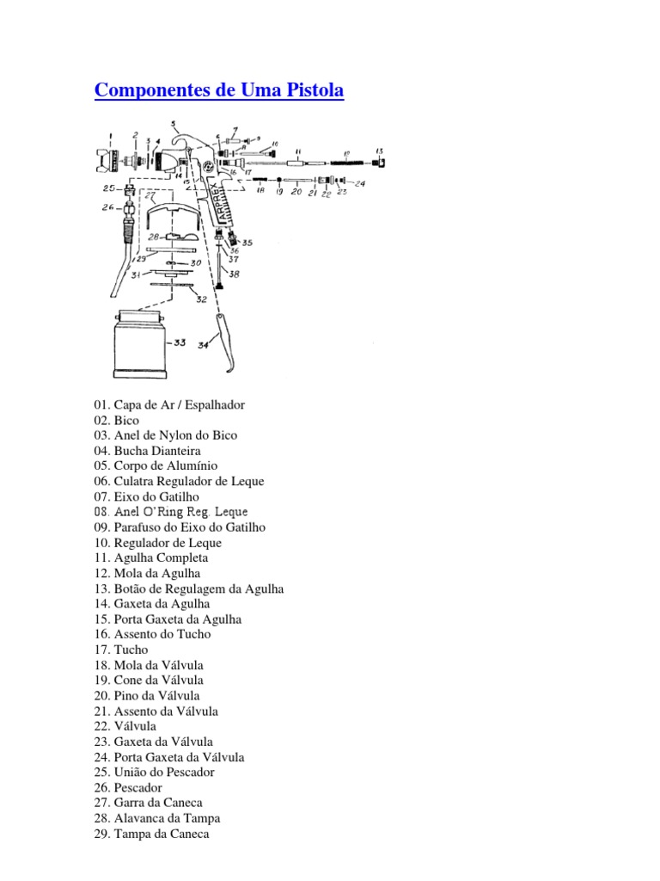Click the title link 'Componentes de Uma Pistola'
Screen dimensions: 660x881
coord(218,91)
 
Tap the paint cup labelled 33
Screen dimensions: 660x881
coord(139,345)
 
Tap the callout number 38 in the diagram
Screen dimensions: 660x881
coord(234,274)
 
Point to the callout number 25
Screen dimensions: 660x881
coord(108,188)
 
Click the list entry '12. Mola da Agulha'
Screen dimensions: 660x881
coord(147,573)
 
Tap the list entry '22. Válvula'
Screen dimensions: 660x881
coord(125,726)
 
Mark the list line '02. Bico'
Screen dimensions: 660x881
coord(116,420)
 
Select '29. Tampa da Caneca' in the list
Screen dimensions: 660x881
coord(151,834)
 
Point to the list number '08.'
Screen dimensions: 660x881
coord(102,512)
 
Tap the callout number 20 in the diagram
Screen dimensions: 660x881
coord(296,192)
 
